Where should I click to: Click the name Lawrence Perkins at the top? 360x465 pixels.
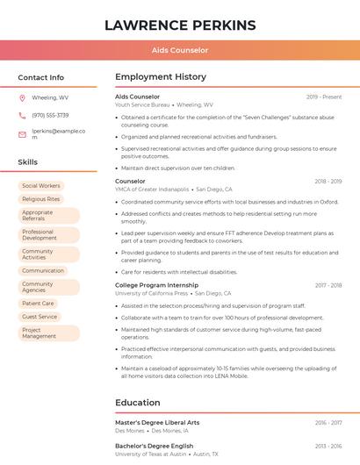(x=180, y=25)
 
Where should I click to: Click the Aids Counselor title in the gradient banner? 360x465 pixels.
(x=180, y=51)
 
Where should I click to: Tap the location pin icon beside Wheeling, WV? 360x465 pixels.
(x=22, y=97)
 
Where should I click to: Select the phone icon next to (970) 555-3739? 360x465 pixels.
(x=22, y=115)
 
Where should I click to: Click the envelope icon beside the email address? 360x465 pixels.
(x=22, y=134)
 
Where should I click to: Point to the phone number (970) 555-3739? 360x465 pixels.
(x=50, y=115)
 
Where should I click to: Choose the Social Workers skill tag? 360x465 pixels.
(x=41, y=186)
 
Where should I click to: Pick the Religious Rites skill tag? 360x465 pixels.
(x=41, y=199)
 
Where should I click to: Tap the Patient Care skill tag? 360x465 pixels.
(x=38, y=304)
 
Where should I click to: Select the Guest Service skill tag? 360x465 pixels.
(x=40, y=317)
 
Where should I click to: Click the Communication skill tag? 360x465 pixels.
(x=43, y=270)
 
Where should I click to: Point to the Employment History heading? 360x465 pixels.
(x=161, y=77)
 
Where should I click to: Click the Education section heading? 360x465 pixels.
(x=138, y=403)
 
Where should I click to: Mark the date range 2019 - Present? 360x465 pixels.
(x=324, y=97)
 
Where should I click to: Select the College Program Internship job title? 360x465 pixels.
(x=156, y=285)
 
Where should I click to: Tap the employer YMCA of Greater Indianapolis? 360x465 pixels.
(x=152, y=190)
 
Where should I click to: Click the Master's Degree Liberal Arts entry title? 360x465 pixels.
(x=157, y=423)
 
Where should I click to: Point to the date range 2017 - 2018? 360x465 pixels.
(x=328, y=285)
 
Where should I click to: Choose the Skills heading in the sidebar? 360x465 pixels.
(x=28, y=162)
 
